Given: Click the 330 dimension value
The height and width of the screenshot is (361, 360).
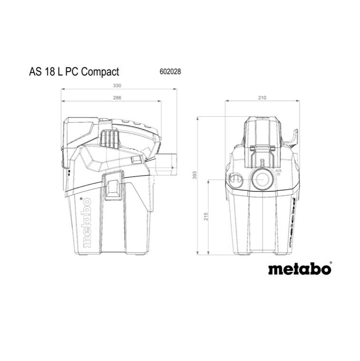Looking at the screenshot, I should tap(117, 86).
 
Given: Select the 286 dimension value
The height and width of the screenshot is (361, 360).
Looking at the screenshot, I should tap(117, 98).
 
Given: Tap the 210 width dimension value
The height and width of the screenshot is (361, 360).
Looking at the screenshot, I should tap(262, 98).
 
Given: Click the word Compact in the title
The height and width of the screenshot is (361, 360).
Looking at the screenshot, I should tap(100, 72).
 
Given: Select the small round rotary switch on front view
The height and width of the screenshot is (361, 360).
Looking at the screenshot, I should tap(235, 179).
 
